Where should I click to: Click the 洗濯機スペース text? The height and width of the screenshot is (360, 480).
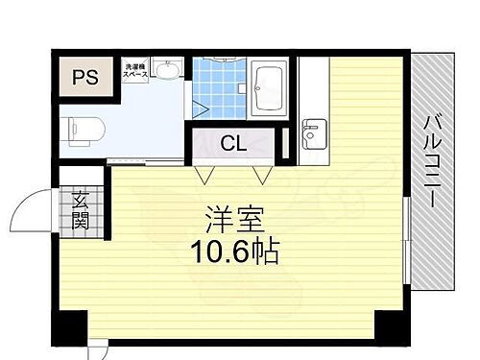point(135,71)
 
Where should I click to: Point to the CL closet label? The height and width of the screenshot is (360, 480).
point(232,144)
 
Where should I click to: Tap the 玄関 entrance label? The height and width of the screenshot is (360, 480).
point(80,208)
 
